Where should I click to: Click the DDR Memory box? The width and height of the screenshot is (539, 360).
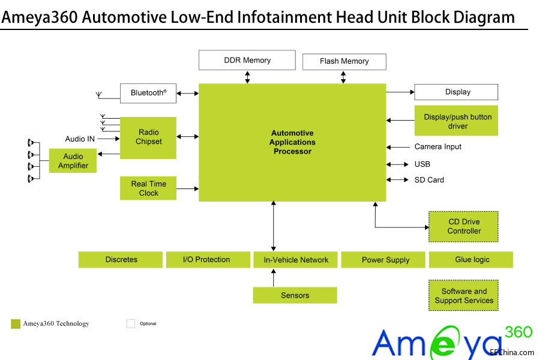click(x=247, y=60)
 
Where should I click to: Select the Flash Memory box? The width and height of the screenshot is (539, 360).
click(x=344, y=61)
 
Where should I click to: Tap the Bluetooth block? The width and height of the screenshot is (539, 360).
click(x=148, y=93)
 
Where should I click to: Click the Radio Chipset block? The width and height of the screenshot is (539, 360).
click(x=148, y=137)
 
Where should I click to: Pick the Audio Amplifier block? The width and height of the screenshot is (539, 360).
click(x=73, y=161)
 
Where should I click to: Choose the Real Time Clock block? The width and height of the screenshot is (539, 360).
click(x=148, y=188)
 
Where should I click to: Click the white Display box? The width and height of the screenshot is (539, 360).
click(x=456, y=92)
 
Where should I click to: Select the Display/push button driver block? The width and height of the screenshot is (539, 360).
click(x=456, y=121)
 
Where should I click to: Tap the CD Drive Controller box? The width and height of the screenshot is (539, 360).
click(x=464, y=226)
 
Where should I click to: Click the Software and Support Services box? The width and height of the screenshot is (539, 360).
click(x=464, y=296)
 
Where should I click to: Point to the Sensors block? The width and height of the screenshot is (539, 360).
click(x=295, y=295)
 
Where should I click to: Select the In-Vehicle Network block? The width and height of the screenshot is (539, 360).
click(x=296, y=260)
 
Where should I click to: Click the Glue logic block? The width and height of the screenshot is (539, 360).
click(x=471, y=260)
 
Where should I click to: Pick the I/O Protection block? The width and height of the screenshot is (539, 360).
click(x=207, y=260)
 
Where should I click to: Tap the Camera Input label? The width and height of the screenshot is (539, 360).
click(x=438, y=147)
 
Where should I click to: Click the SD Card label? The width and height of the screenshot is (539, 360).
click(x=429, y=180)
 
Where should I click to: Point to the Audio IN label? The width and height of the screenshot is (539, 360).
click(x=80, y=139)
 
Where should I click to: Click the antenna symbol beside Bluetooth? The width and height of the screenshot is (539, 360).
click(x=99, y=95)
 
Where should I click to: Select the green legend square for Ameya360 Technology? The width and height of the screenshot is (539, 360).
click(x=16, y=324)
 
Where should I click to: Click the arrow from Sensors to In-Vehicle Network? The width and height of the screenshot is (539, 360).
click(x=274, y=278)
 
